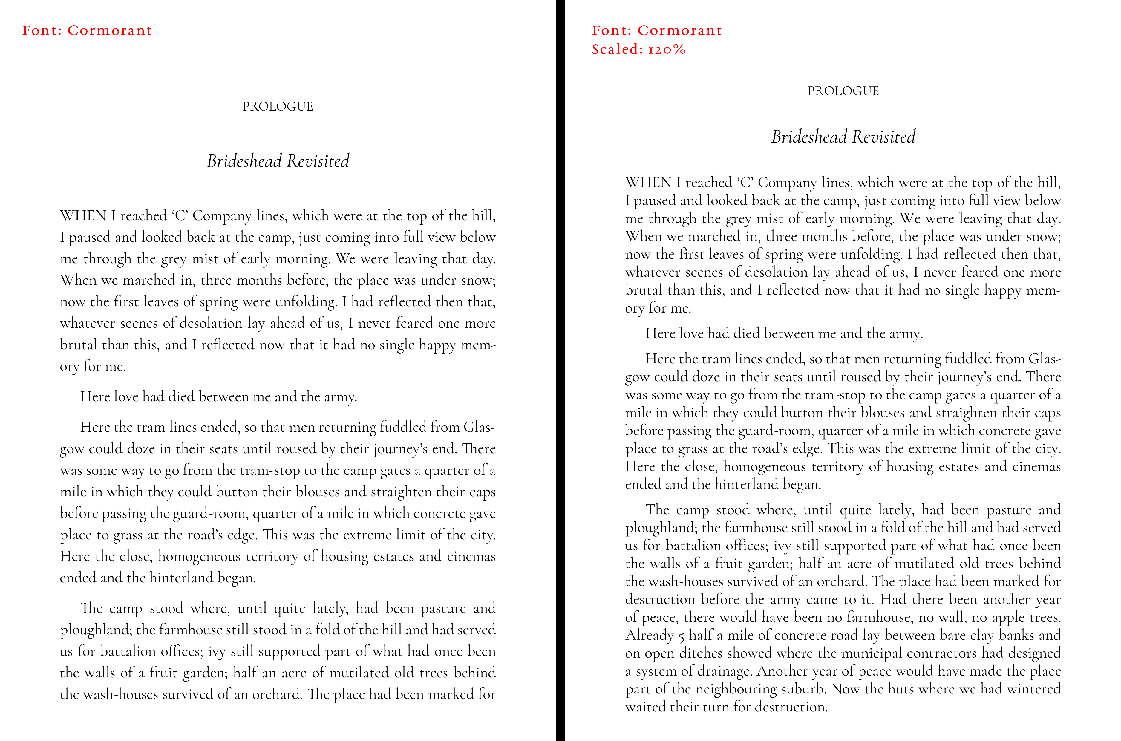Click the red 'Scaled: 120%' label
(x=638, y=49)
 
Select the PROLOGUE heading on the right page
(x=843, y=91)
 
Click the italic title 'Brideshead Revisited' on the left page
(x=278, y=161)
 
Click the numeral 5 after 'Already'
(x=681, y=636)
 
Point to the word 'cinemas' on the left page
(x=471, y=556)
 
